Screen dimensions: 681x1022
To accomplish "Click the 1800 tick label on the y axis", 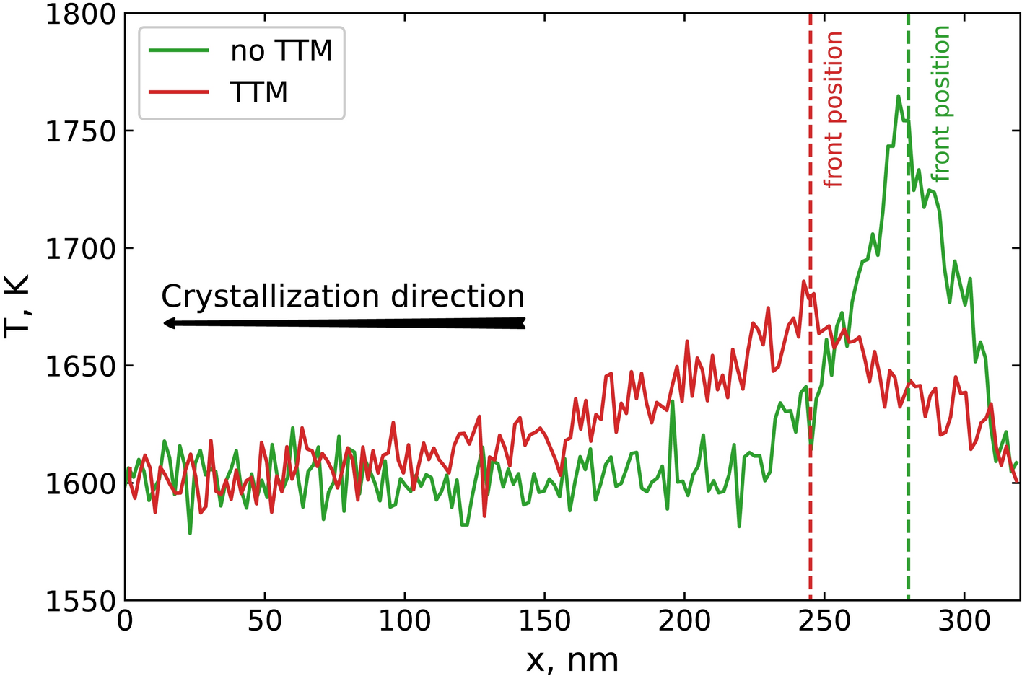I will [80, 14].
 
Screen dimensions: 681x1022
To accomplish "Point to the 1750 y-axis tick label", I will [80, 132].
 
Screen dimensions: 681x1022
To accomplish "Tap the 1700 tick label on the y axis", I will [80, 249].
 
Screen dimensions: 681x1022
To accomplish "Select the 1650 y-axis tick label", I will [80, 366].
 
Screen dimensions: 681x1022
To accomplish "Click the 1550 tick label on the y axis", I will [80, 600].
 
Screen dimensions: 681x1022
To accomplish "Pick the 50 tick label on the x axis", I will [265, 620].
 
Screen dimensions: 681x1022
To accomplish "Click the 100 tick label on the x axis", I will [404, 620].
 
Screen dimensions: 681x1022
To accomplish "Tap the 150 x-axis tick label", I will [544, 620].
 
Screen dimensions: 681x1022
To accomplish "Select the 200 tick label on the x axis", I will [684, 620].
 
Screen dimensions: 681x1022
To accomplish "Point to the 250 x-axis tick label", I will [824, 620].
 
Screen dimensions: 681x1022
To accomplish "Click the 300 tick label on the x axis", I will [964, 620].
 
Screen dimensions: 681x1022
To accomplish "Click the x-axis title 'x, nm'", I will [572, 660].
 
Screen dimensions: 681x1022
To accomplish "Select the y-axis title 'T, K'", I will [17, 306].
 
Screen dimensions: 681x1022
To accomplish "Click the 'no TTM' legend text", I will [281, 50].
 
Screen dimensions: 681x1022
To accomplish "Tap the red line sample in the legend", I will [179, 92].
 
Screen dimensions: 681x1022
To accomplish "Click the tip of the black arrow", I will [165, 323].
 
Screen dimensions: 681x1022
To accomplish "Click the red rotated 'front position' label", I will [834, 110].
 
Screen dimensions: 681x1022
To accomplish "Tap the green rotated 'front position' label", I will [940, 104].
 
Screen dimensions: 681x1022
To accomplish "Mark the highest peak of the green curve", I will [898, 95].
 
